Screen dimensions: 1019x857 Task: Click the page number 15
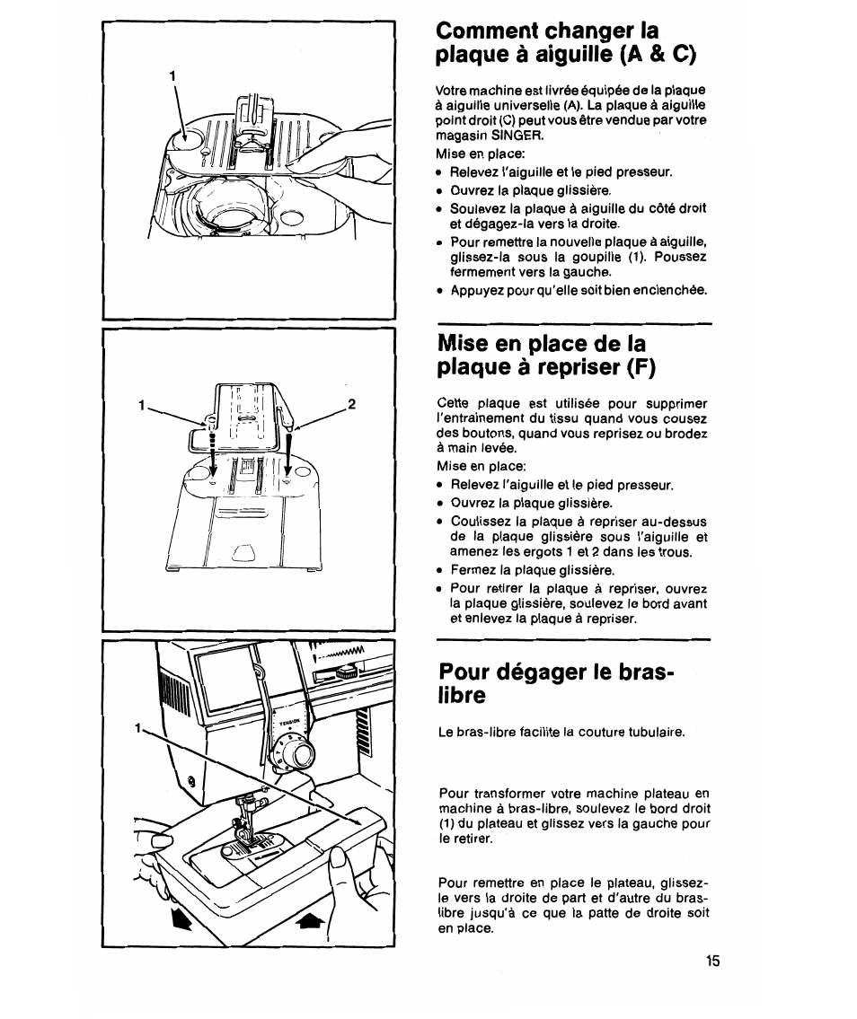point(712,961)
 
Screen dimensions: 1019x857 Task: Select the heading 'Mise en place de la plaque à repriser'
point(546,356)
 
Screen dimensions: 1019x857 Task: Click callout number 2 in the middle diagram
point(352,404)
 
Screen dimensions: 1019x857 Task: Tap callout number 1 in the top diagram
point(171,76)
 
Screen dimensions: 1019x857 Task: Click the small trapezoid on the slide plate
point(243,551)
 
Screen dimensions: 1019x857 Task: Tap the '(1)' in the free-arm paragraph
point(449,823)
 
